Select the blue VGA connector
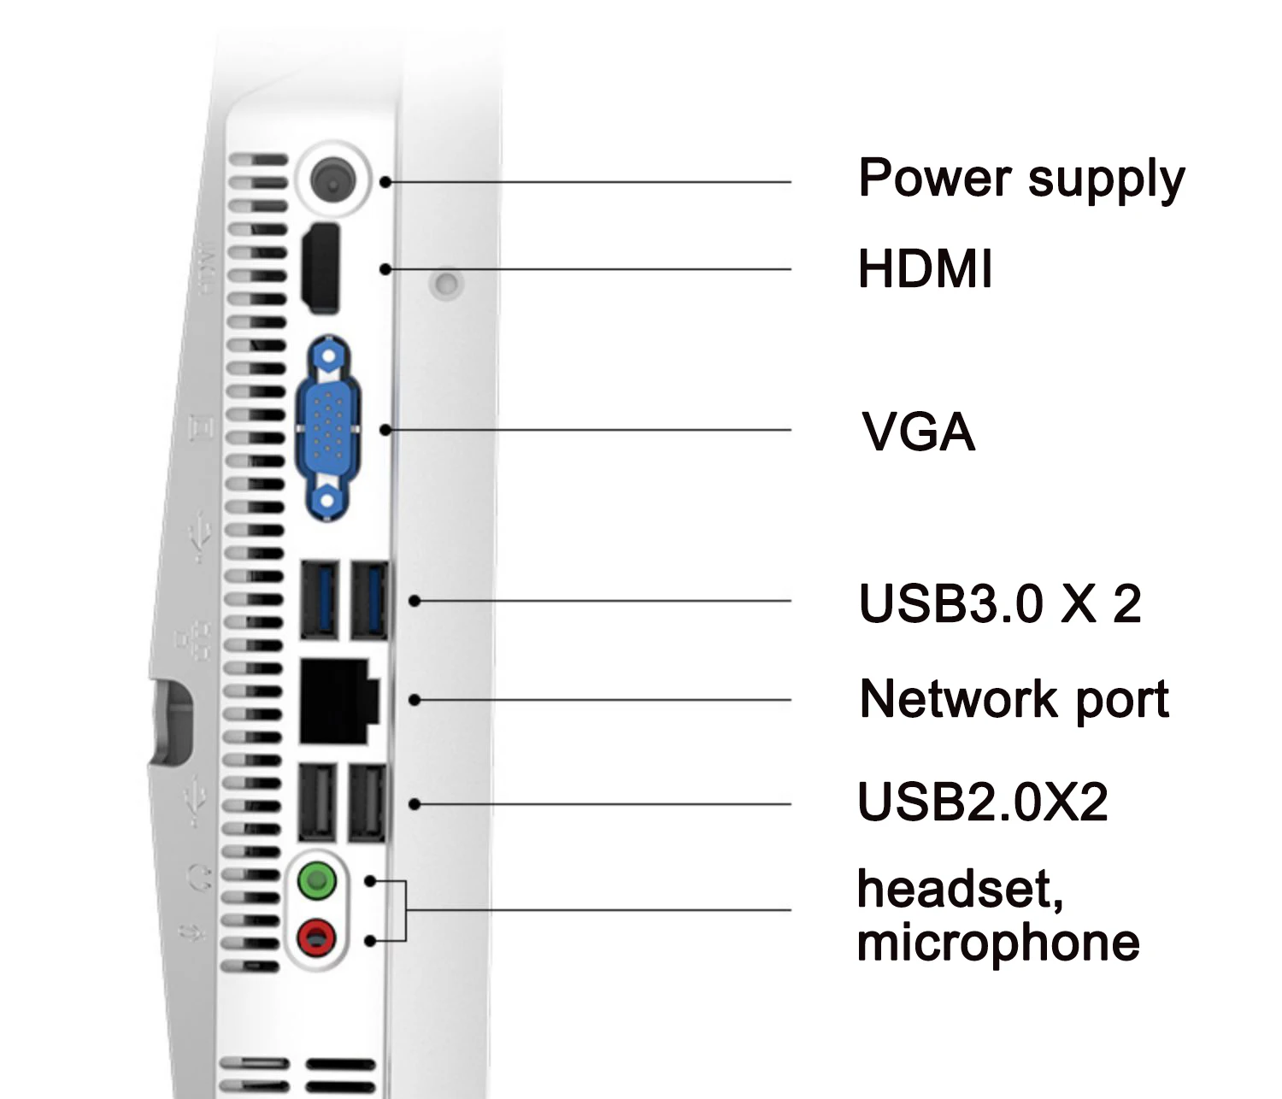pos(327,427)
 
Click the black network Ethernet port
pos(338,701)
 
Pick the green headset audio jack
pos(316,880)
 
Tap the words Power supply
pos(1020,179)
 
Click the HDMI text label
pos(925,269)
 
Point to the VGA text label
pos(918,432)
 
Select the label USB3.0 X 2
pos(999,604)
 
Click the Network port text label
pos(1014,700)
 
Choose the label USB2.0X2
pos(982,802)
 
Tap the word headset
pos(959,889)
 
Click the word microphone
pos(997,943)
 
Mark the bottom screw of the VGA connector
pos(327,500)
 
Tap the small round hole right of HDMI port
pos(445,282)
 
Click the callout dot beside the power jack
pos(386,182)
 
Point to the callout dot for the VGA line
pos(386,430)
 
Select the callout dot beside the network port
pos(415,700)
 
